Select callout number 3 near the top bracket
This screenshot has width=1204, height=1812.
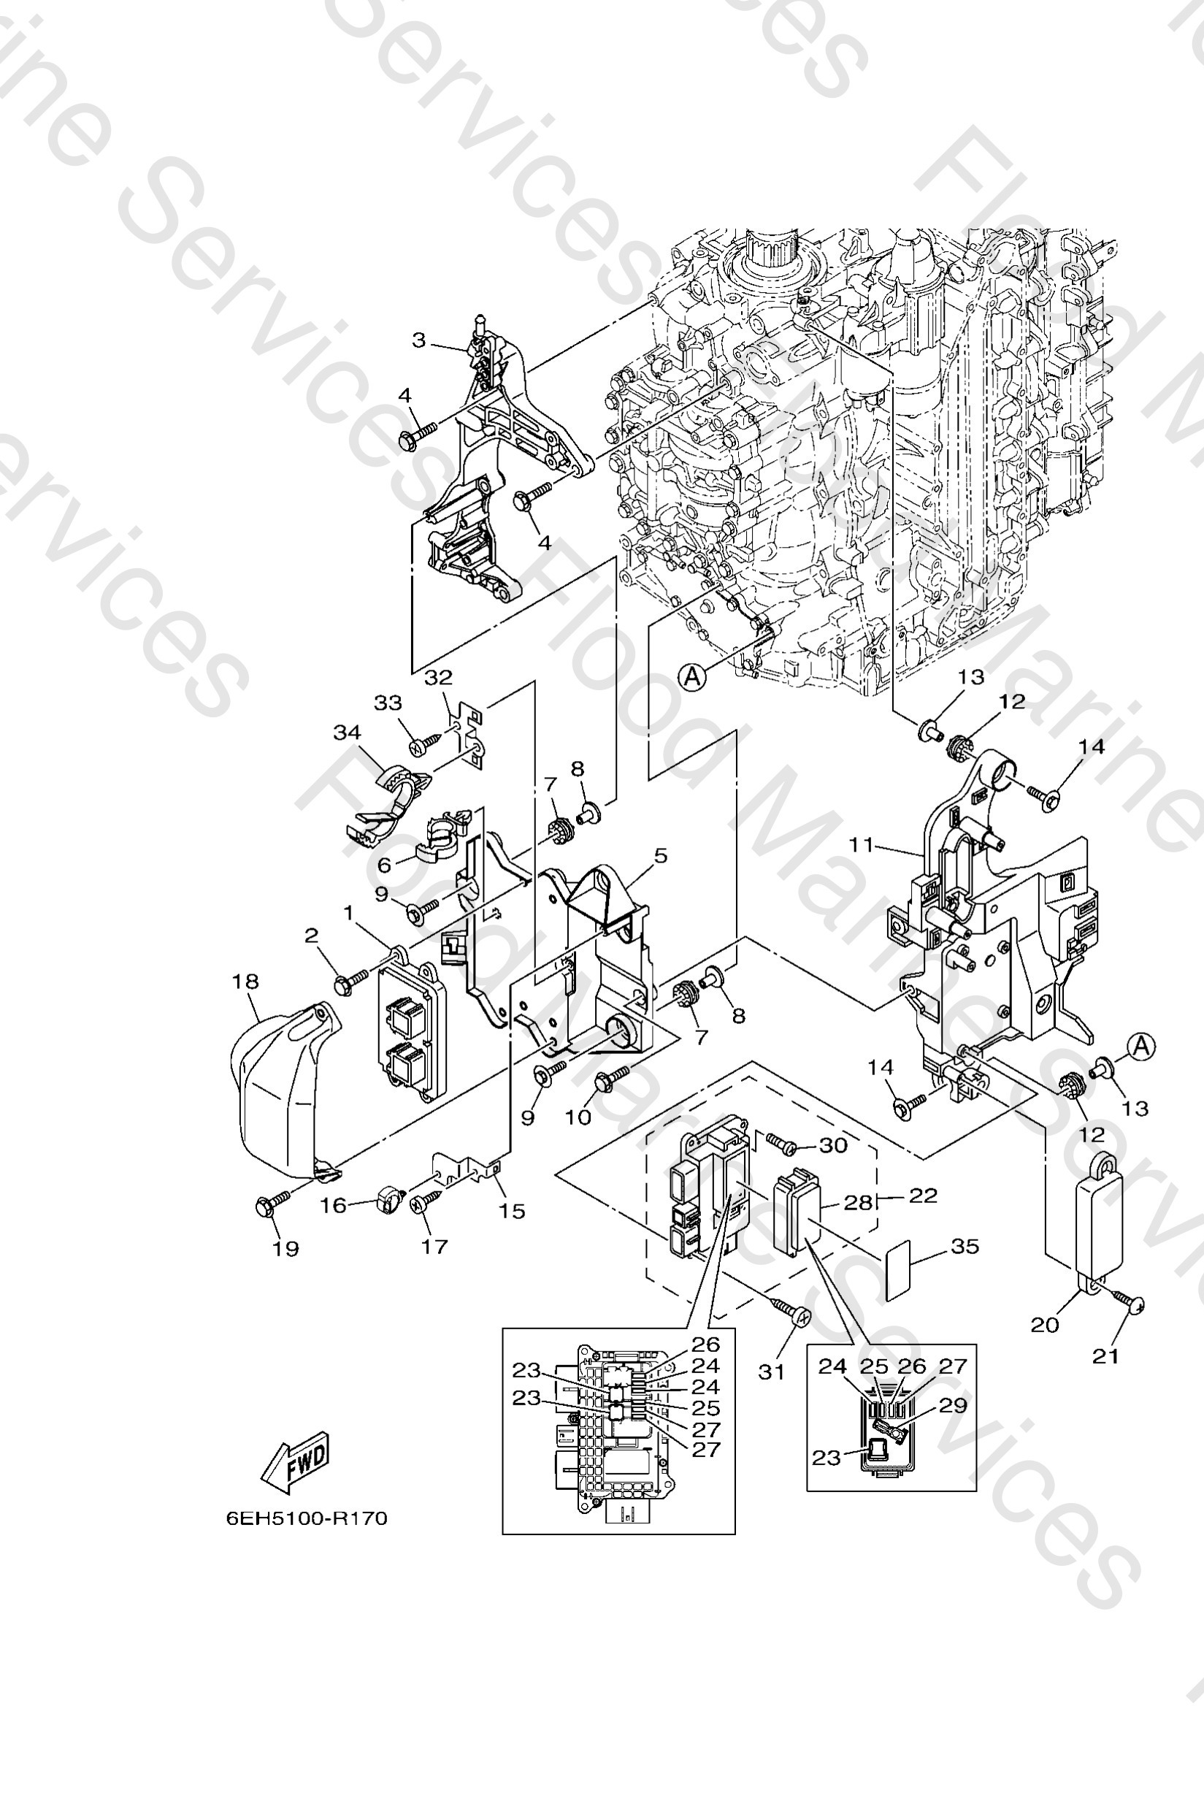[x=418, y=340]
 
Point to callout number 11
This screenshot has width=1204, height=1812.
[x=862, y=845]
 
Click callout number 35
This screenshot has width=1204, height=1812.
[x=965, y=1246]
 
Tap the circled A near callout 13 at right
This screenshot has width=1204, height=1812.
[x=1141, y=1045]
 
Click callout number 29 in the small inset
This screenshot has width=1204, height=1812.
[x=953, y=1405]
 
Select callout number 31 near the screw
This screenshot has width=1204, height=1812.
[x=772, y=1371]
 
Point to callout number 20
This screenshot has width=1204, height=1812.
[x=1044, y=1324]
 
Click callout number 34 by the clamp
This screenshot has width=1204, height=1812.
[x=347, y=732]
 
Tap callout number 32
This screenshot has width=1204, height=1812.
[x=438, y=678]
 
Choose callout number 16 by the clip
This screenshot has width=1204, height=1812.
[x=333, y=1205]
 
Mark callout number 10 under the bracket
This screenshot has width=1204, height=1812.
[x=578, y=1117]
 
